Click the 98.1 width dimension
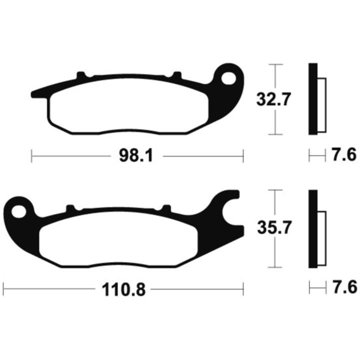(x=136, y=156)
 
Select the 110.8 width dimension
(x=123, y=289)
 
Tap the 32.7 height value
(x=273, y=99)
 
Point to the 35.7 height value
(x=274, y=227)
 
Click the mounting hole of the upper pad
(x=228, y=78)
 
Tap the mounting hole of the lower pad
(x=19, y=211)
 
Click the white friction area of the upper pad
(x=129, y=106)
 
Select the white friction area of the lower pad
(x=118, y=239)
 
